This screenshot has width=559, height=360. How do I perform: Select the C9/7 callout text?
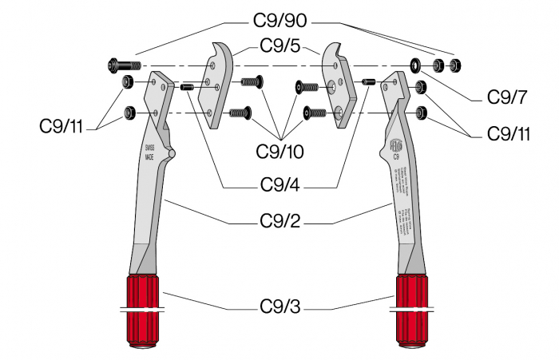[x=507, y=97]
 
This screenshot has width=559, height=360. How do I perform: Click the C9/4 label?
[x=280, y=185]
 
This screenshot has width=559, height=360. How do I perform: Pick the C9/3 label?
[x=280, y=305]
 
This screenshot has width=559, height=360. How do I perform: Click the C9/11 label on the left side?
[x=61, y=126]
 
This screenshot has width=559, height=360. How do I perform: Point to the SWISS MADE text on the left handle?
[x=149, y=152]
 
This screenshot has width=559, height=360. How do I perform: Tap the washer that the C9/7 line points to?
[x=415, y=64]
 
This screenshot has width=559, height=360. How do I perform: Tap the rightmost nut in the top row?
[x=457, y=64]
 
